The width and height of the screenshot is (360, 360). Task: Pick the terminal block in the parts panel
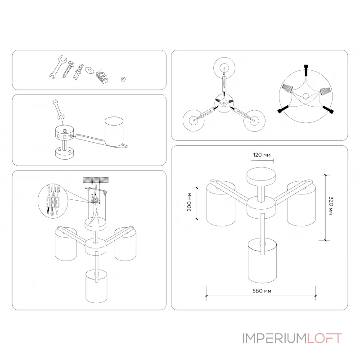coord(102,75)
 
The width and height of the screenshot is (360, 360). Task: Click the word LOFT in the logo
coord(324,338)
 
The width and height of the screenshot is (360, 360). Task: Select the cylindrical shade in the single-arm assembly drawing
coord(114,130)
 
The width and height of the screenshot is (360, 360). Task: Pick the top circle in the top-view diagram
coord(224,67)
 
